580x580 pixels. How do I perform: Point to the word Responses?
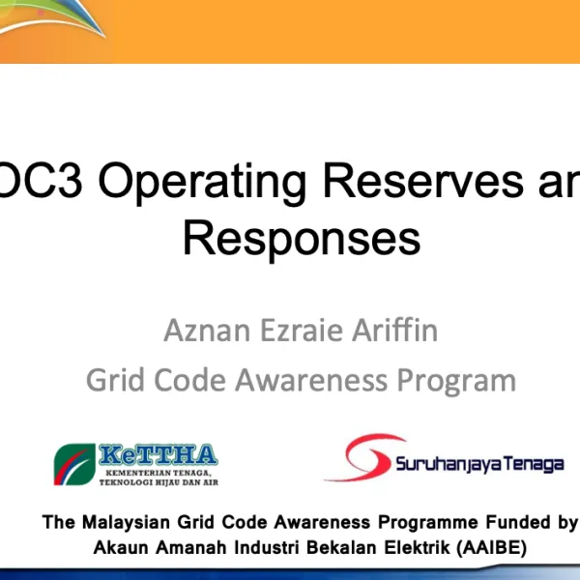[302, 239]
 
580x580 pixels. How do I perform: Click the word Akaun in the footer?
[120, 547]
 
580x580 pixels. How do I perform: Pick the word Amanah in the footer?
[188, 547]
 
